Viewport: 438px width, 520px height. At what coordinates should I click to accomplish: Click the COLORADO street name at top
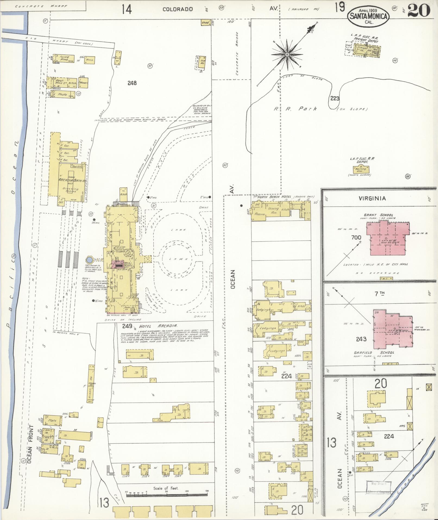(x=178, y=9)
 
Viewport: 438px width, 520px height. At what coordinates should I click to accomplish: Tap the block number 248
(x=132, y=83)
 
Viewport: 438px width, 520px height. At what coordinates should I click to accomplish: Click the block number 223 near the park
(x=335, y=98)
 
